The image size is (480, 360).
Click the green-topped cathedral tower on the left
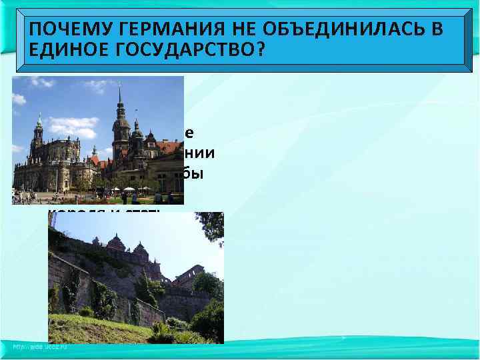pyautogui.click(x=38, y=133)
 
